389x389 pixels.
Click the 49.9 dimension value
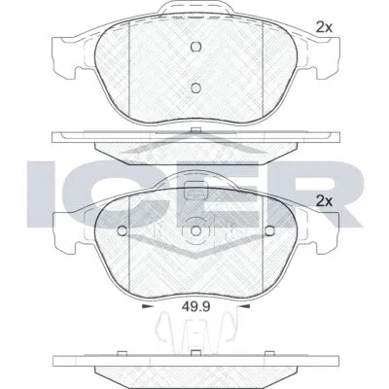point(195,306)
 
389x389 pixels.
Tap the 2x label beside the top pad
point(324,28)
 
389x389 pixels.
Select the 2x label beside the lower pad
point(324,202)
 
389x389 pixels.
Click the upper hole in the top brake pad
point(195,47)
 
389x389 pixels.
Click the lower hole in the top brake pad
point(195,88)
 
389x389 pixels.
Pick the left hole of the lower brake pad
point(123,230)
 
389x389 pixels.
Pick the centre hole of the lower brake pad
point(195,230)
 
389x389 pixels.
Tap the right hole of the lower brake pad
point(269,230)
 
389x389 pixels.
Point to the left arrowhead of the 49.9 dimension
point(147,306)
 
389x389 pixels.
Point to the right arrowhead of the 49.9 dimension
point(245,306)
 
